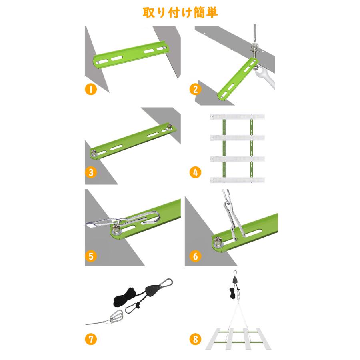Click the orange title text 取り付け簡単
tap(180, 12)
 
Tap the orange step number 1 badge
tap(91, 89)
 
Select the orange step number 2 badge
tap(195, 88)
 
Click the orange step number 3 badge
tap(91, 173)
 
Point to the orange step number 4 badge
tap(195, 173)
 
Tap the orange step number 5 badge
tap(91, 256)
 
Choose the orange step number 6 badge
tap(195, 256)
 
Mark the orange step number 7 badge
tap(91, 340)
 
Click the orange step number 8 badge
tap(195, 340)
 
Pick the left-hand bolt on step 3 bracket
tap(94, 152)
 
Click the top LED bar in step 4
tap(237, 116)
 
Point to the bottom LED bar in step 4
tap(237, 180)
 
